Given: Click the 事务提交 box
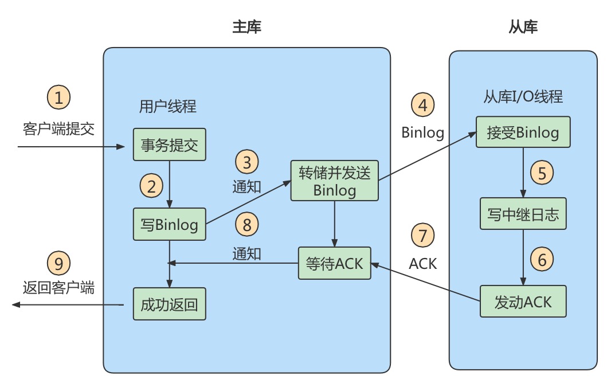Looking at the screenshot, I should [169, 144].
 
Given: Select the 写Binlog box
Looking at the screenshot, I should [169, 224].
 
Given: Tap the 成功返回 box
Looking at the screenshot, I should [169, 304].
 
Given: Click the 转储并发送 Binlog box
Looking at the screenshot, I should [335, 181].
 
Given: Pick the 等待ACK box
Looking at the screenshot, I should [334, 263].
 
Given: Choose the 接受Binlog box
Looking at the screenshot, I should [523, 133].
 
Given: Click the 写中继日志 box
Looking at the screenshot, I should [523, 216].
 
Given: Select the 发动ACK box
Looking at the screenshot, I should [523, 301].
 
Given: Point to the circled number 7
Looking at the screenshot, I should [423, 236].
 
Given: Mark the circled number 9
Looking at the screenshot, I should [58, 263].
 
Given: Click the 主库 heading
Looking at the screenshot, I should [246, 26].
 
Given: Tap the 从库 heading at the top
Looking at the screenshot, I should [523, 26].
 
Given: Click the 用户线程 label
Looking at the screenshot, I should [167, 106].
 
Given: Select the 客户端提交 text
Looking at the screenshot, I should [58, 128].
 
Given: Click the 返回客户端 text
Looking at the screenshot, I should [58, 287].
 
